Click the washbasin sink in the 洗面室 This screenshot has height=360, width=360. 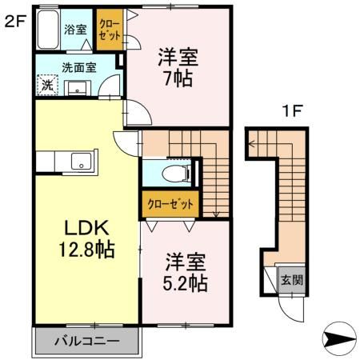click(79, 86)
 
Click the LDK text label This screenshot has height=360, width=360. click(77, 226)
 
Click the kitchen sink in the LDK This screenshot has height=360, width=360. click(81, 161)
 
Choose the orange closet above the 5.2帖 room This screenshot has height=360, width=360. click(170, 204)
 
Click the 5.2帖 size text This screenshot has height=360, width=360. click(186, 282)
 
